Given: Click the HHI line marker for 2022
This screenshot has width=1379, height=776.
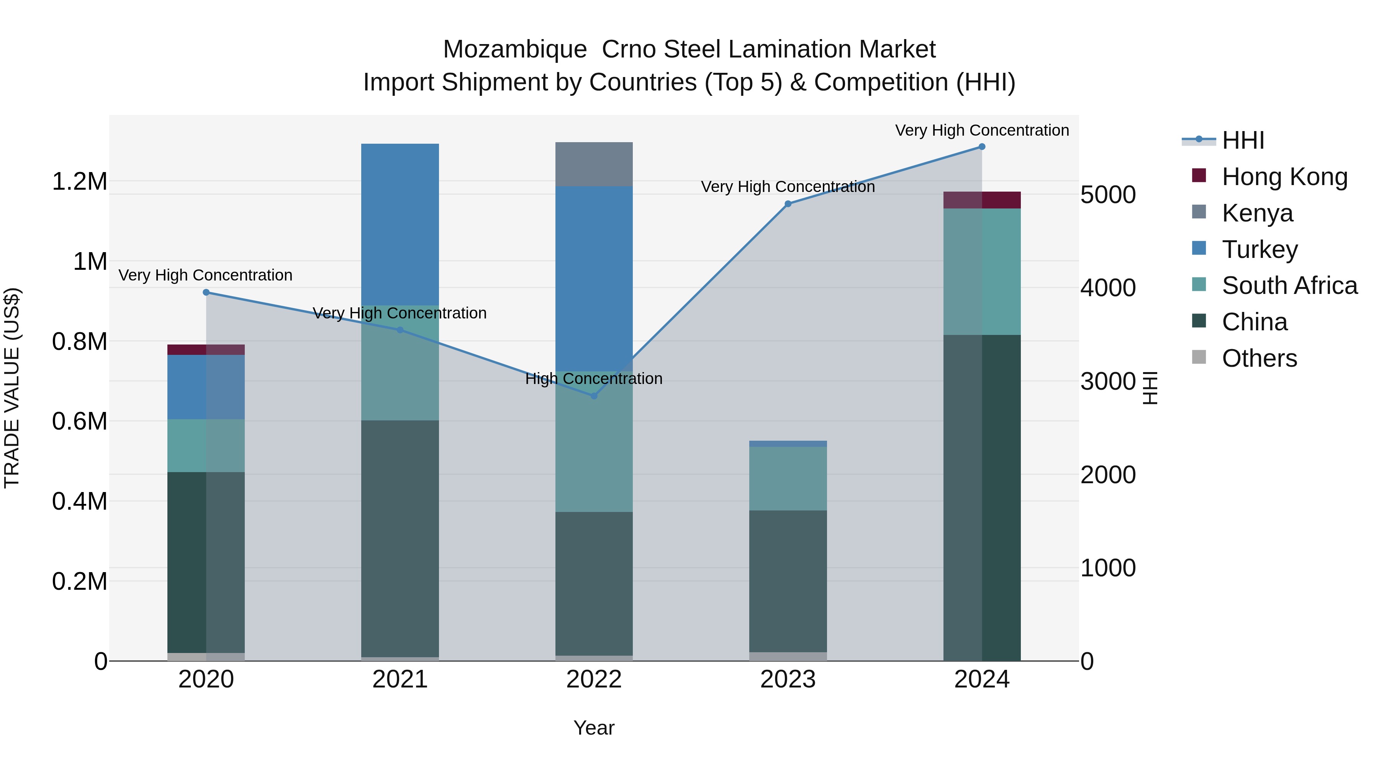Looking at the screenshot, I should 594,396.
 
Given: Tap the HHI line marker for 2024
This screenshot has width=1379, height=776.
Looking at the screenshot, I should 982,147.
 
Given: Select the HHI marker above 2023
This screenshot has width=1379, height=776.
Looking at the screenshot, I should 788,203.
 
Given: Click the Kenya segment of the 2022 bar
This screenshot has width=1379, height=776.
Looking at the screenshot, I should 594,164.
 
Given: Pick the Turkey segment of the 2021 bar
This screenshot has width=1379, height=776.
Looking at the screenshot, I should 400,225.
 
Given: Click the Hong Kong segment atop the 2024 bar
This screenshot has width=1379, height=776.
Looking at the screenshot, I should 982,200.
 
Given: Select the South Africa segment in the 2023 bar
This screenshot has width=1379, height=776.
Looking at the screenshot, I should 788,478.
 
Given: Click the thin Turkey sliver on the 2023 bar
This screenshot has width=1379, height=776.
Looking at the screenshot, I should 788,443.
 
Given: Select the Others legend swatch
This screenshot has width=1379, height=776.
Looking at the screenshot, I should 1199,357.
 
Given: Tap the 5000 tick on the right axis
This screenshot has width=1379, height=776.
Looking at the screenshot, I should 1107,195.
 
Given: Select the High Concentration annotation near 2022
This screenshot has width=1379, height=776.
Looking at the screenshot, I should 594,379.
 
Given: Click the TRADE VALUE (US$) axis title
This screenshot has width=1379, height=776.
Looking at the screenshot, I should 12,388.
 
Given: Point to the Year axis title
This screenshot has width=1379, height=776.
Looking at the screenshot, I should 594,728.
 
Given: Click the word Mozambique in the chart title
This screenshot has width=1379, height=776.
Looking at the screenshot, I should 515,50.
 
